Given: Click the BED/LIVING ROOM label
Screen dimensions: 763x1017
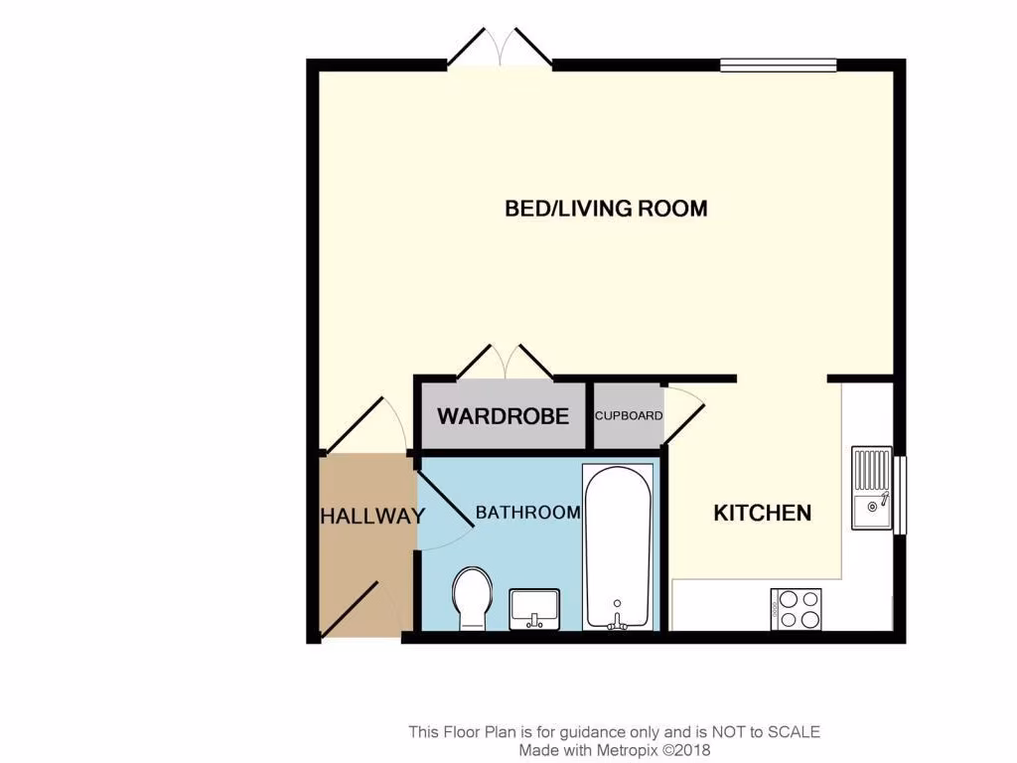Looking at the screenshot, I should click(x=606, y=209).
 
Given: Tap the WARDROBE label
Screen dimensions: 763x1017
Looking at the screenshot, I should click(x=503, y=415).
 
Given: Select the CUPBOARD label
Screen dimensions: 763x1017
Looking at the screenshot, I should click(x=629, y=415).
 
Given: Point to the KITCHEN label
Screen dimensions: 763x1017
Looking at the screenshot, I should click(x=763, y=513).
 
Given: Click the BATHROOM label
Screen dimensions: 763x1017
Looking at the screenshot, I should click(x=527, y=513).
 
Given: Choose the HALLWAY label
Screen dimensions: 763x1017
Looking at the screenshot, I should click(x=372, y=517).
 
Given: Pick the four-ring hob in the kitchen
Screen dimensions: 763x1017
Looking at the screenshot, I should click(x=797, y=608).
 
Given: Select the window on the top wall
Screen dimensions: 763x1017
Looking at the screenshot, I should click(x=778, y=66).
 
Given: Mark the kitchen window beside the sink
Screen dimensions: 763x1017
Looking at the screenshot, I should click(x=900, y=495).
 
